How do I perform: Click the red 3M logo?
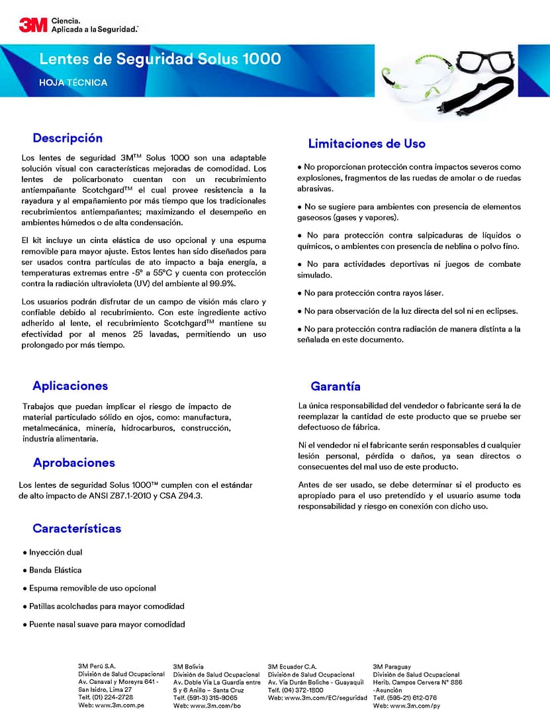click(32, 25)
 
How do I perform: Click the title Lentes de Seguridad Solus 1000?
click(160, 59)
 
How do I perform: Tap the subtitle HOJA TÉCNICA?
click(73, 83)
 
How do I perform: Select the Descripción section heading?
click(68, 138)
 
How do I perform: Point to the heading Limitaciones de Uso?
click(367, 144)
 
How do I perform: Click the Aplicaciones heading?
click(70, 386)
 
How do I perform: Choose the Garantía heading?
click(336, 386)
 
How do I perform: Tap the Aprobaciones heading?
click(73, 463)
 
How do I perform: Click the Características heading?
click(77, 528)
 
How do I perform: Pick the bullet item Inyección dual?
click(56, 552)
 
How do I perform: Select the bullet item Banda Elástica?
click(56, 570)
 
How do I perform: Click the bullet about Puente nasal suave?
click(107, 624)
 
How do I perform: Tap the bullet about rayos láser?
click(373, 293)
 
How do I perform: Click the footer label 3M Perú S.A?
click(97, 667)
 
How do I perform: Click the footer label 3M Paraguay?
click(392, 667)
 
